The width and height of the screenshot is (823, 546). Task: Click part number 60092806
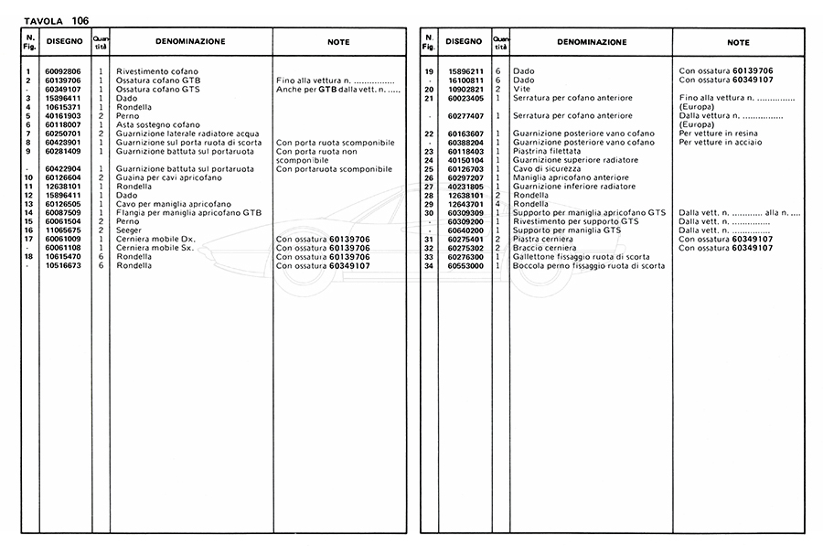click(61, 71)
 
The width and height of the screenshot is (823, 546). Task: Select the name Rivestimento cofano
click(156, 71)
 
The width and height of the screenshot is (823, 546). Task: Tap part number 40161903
click(61, 116)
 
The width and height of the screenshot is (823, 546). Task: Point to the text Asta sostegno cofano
click(157, 124)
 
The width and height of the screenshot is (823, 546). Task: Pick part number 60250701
click(61, 134)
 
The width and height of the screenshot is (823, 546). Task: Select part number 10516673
click(61, 266)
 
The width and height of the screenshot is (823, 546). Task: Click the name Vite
click(521, 89)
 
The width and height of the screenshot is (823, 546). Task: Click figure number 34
click(428, 266)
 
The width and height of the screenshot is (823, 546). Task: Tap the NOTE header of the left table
click(338, 42)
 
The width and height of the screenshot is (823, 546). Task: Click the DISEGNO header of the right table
click(464, 42)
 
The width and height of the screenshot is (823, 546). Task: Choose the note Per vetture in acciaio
click(721, 143)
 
